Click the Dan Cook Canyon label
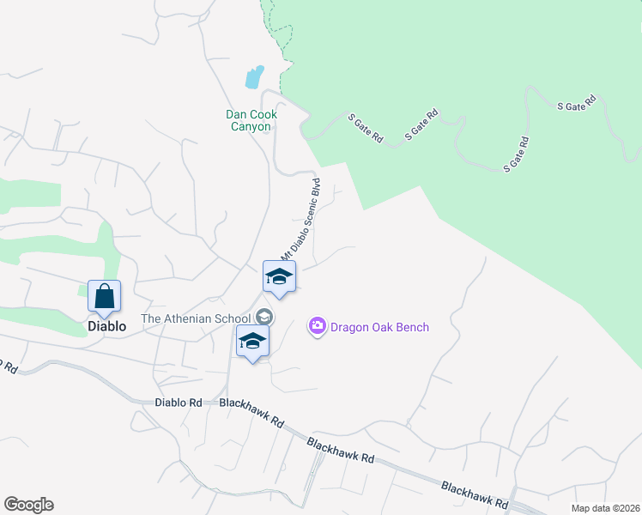coord(248,120)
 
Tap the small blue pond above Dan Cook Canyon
coord(254,78)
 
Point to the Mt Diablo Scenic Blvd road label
coord(301,220)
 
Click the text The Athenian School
coord(196,318)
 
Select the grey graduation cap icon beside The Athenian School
coord(264,318)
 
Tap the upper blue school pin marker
coord(279,277)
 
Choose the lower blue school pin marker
coord(252,342)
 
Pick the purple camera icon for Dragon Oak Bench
coord(318,326)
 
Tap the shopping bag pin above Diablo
coord(104,297)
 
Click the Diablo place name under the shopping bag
coord(107,326)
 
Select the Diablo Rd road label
coord(179,402)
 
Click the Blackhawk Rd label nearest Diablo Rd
coord(251,412)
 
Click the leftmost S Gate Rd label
coord(365,126)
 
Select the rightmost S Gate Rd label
coord(577,105)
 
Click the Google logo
coord(28,505)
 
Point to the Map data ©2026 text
coord(604,508)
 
